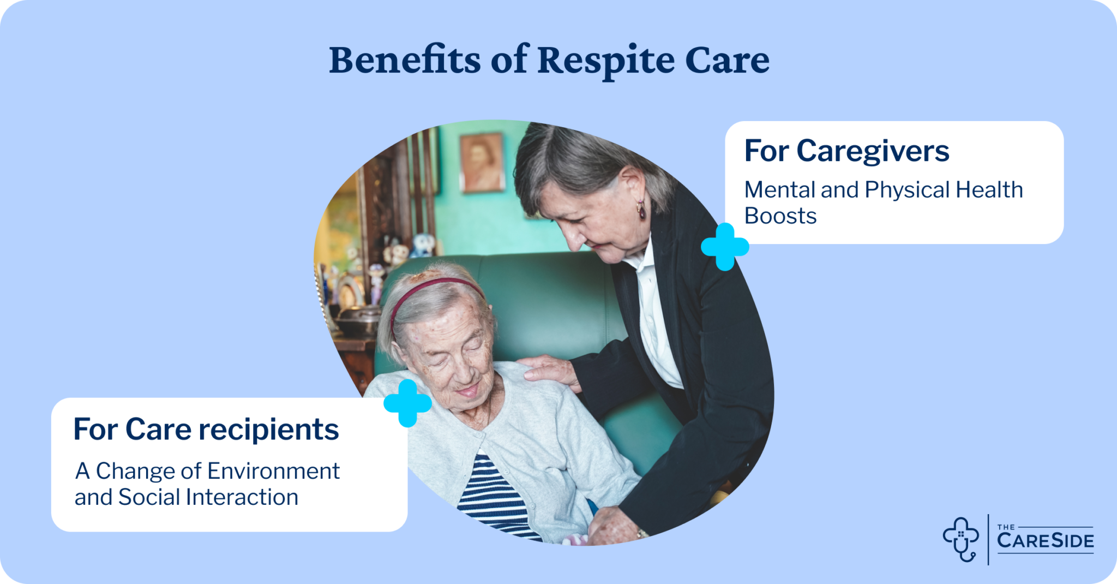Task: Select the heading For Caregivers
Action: (846, 151)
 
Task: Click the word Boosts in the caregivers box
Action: (780, 216)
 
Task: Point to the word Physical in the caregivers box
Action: (906, 190)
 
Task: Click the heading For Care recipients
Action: (206, 429)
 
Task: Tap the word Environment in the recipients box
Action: (273, 471)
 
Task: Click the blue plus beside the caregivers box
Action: (725, 247)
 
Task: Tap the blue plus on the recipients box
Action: (407, 403)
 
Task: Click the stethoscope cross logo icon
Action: (961, 539)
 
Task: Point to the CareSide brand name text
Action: (1045, 540)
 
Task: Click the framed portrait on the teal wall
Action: (481, 162)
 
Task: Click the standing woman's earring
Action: (641, 210)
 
